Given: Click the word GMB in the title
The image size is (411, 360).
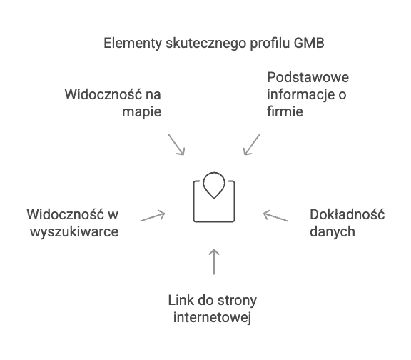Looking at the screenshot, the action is point(309,43).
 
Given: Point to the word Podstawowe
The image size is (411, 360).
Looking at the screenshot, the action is point(308,77).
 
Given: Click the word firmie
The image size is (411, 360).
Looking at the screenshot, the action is point(285,111).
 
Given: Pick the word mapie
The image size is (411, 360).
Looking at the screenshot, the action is point(141,112).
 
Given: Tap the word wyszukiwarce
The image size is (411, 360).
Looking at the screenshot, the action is point(74,232).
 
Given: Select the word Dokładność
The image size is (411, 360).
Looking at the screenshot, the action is point(347,214).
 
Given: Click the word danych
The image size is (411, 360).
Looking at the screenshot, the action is point(333,232).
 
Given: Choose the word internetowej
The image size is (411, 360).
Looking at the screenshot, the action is point(213,318).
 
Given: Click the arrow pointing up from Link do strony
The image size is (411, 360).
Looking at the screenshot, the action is point(214,261).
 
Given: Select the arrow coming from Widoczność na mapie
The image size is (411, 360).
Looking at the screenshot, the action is point(176,145).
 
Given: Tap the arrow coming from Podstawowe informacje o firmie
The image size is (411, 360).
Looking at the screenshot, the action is point(252,145).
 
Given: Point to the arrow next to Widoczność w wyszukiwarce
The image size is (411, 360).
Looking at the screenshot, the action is point(153,216).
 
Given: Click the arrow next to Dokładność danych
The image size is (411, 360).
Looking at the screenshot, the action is point(275,216).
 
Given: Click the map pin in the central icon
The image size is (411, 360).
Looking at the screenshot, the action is point(214,185).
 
